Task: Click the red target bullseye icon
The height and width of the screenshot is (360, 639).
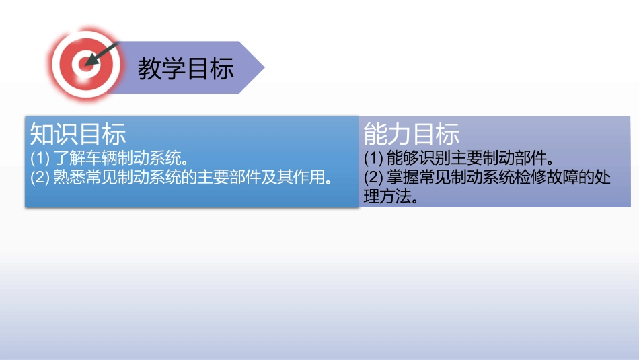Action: (83, 65)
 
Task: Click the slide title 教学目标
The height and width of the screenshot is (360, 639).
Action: (186, 68)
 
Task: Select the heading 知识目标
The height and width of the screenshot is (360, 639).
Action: (78, 135)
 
